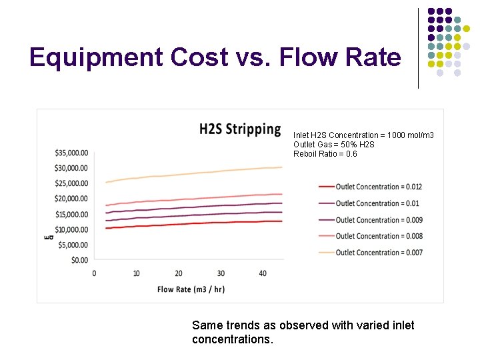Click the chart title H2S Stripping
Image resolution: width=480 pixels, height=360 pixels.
click(x=240, y=129)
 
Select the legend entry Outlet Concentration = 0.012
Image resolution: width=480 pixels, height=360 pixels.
click(x=379, y=187)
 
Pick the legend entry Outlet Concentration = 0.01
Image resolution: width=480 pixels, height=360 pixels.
click(x=377, y=203)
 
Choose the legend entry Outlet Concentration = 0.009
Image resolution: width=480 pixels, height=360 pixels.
click(x=379, y=220)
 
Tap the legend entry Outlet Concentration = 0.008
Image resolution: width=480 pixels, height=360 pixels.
click(x=379, y=236)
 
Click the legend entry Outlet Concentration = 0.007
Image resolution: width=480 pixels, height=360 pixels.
click(x=379, y=253)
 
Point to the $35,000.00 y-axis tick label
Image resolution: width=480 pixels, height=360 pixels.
click(x=71, y=153)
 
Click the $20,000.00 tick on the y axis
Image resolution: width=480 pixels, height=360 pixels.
click(x=71, y=199)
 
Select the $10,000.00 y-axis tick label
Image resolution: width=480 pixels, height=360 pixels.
click(x=71, y=229)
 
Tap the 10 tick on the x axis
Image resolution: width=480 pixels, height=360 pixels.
click(x=136, y=274)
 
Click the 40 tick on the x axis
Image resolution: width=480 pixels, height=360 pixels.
click(x=263, y=274)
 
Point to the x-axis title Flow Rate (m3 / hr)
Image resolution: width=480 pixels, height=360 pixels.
click(x=190, y=289)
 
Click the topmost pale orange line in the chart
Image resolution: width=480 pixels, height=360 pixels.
click(x=193, y=173)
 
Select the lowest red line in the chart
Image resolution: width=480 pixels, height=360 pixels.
click(x=193, y=223)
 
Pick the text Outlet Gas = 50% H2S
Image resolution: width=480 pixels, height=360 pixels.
click(x=333, y=145)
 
